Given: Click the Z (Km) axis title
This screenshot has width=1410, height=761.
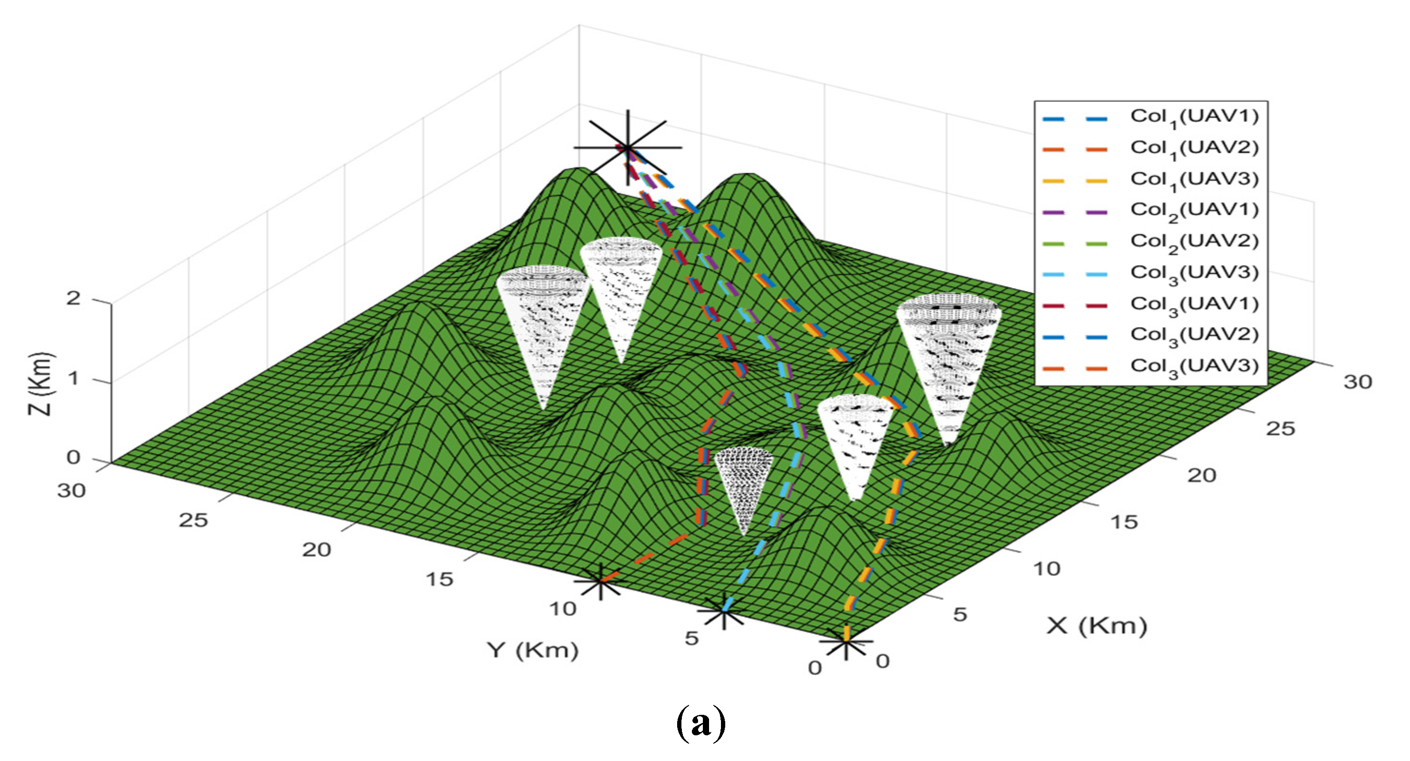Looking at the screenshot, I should [41, 384].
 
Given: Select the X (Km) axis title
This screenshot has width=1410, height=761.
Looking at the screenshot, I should [1096, 625].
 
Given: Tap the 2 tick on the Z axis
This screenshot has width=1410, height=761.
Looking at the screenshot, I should [73, 298].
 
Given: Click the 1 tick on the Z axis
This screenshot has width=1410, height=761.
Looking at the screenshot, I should [73, 378].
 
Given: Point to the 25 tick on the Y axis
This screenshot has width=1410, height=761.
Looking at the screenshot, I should [193, 520].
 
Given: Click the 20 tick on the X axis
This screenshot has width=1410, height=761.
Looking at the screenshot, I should [1202, 475].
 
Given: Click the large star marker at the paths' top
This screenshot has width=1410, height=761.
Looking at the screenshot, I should [628, 147].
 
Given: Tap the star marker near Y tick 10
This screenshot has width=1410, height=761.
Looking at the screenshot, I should [600, 581].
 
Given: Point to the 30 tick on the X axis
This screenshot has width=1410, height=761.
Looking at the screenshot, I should [1358, 382].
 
